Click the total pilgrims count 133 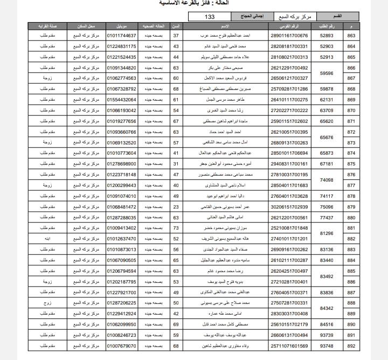[210, 17]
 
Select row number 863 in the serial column [351, 36]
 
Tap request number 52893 [327, 36]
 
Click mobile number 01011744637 [122, 36]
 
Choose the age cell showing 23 [176, 207]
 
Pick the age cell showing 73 [176, 228]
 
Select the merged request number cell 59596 [327, 73]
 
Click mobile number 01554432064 [122, 100]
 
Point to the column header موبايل [122, 26]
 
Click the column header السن [176, 26]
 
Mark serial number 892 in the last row [351, 346]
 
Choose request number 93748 [327, 346]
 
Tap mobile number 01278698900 [122, 164]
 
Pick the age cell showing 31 [176, 164]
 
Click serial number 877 [351, 185]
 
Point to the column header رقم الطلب [327, 26]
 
